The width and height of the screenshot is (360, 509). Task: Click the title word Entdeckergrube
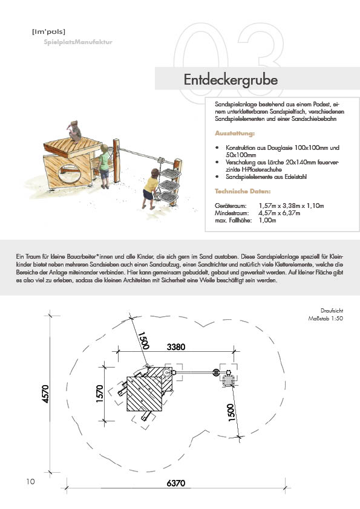pyautogui.click(x=231, y=80)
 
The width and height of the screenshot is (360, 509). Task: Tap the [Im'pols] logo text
pyautogui.click(x=49, y=32)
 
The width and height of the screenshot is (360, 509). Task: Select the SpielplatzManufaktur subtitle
pyautogui.click(x=78, y=42)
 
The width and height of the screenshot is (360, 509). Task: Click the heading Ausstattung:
pyautogui.click(x=235, y=134)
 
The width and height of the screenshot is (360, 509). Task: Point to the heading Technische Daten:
pyautogui.click(x=243, y=191)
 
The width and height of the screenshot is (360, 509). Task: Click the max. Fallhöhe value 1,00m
pyautogui.click(x=267, y=221)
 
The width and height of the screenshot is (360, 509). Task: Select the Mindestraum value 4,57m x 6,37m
pyautogui.click(x=280, y=213)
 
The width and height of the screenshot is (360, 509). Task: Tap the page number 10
pyautogui.click(x=30, y=481)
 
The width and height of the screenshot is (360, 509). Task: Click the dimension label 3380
pyautogui.click(x=176, y=347)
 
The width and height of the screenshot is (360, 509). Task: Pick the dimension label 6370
pyautogui.click(x=176, y=483)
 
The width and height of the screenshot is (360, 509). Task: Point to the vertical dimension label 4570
pyautogui.click(x=45, y=394)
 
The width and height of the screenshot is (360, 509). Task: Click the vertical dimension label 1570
pyautogui.click(x=100, y=394)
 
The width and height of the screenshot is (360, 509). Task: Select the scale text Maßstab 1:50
pyautogui.click(x=326, y=319)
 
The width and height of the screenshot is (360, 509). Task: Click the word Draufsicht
pyautogui.click(x=332, y=311)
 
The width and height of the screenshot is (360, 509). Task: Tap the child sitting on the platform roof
pyautogui.click(x=75, y=131)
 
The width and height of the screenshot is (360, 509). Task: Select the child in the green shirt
pyautogui.click(x=104, y=166)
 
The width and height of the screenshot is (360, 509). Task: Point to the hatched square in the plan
pyautogui.click(x=144, y=394)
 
